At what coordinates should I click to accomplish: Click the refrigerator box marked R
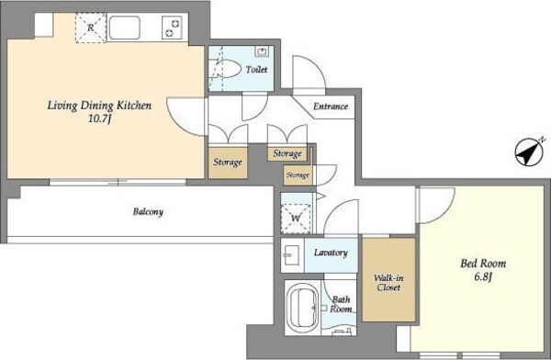[x=91, y=28]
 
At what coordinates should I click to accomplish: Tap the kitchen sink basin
[x=124, y=28]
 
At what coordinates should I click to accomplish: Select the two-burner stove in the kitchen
[x=172, y=28]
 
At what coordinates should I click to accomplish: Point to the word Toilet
[x=256, y=69]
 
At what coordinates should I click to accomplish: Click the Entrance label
[x=331, y=107]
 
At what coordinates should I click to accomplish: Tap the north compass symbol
[x=529, y=152]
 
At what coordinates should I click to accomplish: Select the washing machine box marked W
[x=296, y=218]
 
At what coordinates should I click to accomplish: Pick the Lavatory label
[x=331, y=253]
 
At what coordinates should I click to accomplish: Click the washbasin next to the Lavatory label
[x=291, y=254]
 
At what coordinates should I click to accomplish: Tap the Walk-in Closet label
[x=388, y=283]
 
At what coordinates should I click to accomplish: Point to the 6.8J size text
[x=483, y=276]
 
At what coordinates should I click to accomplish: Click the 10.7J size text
[x=99, y=119]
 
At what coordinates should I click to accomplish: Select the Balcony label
[x=148, y=212]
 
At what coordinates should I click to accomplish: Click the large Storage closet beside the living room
[x=228, y=163]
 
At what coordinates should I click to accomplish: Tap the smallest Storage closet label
[x=298, y=175]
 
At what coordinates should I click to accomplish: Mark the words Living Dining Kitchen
[x=99, y=106]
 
